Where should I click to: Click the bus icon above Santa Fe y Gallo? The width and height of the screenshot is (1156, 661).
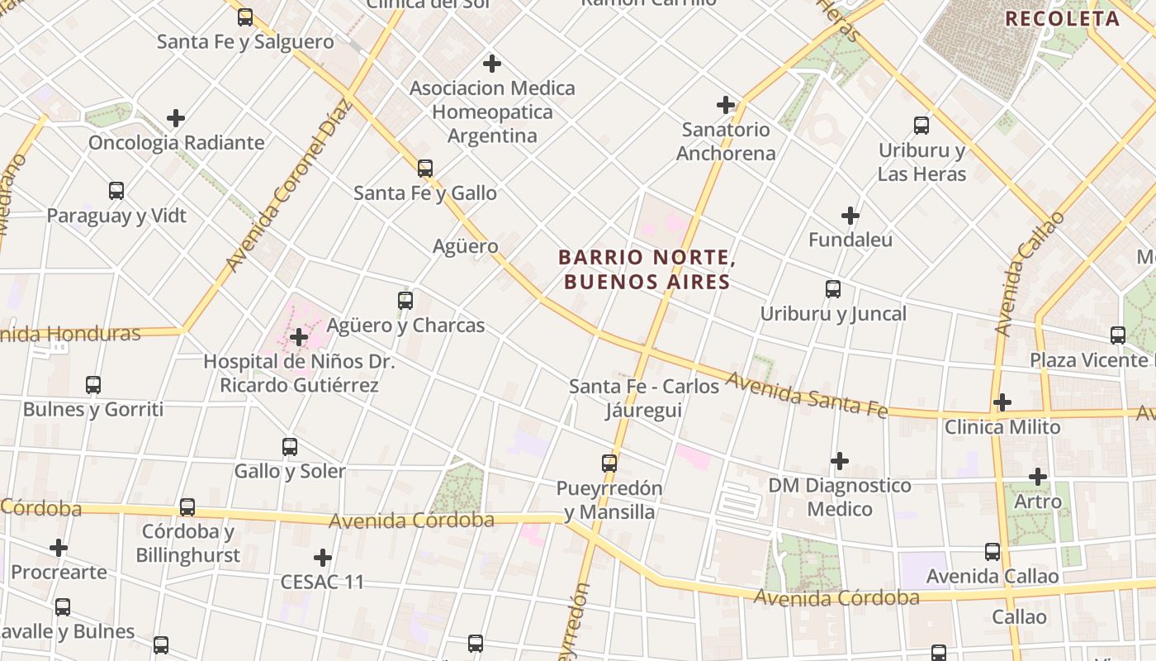click(425, 169)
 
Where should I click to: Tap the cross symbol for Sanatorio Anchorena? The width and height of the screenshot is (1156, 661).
click(726, 105)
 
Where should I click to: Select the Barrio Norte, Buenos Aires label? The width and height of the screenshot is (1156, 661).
click(647, 269)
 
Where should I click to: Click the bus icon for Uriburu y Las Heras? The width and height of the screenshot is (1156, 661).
click(921, 126)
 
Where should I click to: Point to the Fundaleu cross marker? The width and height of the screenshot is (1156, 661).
click(850, 216)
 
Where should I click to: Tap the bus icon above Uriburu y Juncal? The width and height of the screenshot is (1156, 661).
click(833, 289)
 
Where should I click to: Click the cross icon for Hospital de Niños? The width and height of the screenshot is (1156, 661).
click(299, 337)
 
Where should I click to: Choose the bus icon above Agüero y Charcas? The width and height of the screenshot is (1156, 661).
click(405, 301)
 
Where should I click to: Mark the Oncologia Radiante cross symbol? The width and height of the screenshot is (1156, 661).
click(176, 118)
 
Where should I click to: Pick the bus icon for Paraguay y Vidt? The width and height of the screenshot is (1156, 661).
click(116, 191)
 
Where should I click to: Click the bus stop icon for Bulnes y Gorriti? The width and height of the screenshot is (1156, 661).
click(93, 385)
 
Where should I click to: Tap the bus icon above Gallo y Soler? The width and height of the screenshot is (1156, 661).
click(290, 447)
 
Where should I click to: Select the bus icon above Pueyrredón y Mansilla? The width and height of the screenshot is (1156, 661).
click(609, 464)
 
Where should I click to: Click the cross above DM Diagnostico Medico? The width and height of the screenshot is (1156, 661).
click(840, 460)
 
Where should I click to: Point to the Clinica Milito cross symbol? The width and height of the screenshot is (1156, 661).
click(1002, 402)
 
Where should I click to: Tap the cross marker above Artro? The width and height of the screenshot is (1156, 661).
click(1038, 477)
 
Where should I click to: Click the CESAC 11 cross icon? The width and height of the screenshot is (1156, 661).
click(323, 558)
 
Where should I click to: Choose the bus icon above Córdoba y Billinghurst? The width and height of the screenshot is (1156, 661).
click(187, 507)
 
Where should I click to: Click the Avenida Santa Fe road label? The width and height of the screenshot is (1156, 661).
click(806, 395)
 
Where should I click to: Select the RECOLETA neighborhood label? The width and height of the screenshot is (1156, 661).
click(1062, 19)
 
